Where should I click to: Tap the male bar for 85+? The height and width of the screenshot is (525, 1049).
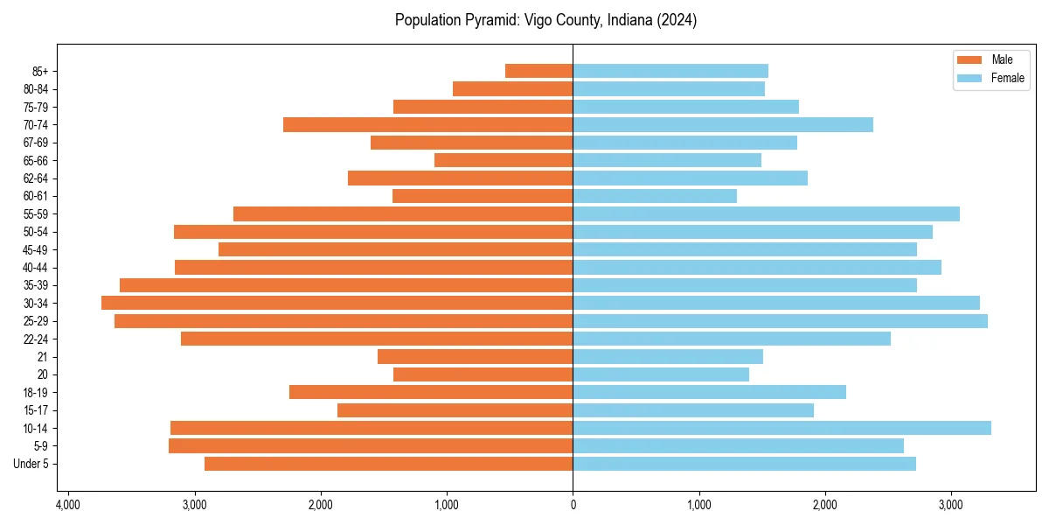pyautogui.click(x=538, y=71)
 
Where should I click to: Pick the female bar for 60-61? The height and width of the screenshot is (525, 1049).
pyautogui.click(x=655, y=196)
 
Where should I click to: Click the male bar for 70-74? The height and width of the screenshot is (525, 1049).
pyautogui.click(x=427, y=124)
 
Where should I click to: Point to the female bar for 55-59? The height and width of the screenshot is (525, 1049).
pyautogui.click(x=766, y=213)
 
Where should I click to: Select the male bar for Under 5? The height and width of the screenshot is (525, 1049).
pyautogui.click(x=388, y=464)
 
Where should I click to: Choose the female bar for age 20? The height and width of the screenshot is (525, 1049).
pyautogui.click(x=661, y=374)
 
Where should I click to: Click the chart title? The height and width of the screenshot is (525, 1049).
pyautogui.click(x=545, y=20)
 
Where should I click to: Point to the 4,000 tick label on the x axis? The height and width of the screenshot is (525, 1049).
pyautogui.click(x=68, y=505)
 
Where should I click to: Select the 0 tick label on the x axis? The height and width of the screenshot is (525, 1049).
pyautogui.click(x=573, y=505)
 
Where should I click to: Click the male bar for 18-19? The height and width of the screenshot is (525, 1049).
pyautogui.click(x=431, y=392)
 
